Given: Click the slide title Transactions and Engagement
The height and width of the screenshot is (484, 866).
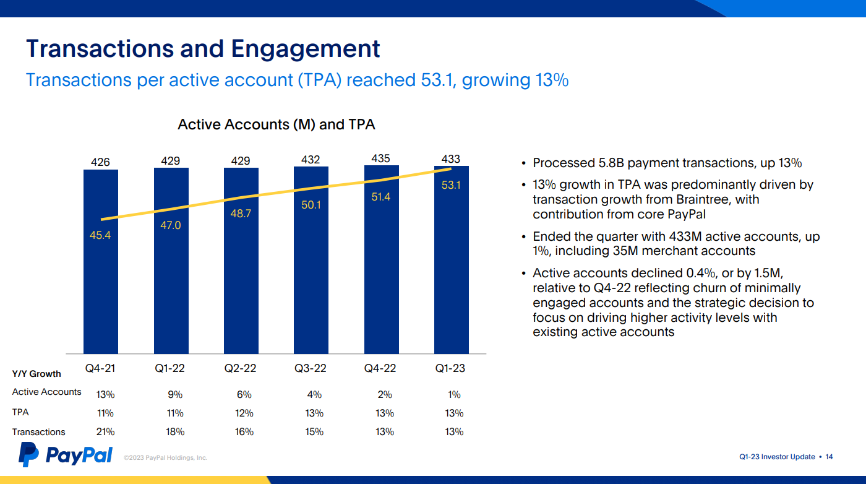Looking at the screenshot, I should click(203, 48).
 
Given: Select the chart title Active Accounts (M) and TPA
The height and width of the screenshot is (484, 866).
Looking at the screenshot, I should click(276, 124).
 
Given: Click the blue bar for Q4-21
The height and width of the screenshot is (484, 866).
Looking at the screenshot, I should click(101, 291).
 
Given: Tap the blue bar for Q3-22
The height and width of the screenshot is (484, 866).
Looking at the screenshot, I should click(311, 279).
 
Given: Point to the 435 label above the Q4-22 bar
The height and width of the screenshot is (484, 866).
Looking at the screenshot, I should click(380, 158).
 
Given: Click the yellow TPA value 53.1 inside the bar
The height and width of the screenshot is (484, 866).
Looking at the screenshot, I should click(451, 185).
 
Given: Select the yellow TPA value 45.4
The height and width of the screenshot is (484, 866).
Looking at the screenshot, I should click(100, 235).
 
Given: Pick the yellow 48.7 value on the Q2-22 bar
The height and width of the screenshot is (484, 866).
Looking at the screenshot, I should click(241, 214).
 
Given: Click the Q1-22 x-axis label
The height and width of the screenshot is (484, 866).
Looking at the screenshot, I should click(170, 368).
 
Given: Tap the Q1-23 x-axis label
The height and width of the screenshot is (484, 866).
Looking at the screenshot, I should click(450, 368).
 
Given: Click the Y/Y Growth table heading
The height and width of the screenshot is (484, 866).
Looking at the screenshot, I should click(36, 374).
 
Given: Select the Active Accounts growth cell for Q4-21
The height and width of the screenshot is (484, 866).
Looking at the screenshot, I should click(105, 395).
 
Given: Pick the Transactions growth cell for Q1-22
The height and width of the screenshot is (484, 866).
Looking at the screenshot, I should click(175, 432).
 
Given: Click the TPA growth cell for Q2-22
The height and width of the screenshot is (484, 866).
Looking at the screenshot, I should click(244, 413).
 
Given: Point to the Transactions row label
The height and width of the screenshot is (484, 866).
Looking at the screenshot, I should click(38, 432).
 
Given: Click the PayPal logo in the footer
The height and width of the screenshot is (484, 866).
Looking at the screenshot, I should click(66, 456).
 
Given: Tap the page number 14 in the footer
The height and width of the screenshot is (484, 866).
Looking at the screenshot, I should click(829, 457).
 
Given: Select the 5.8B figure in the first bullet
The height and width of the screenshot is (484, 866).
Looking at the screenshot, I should click(612, 163).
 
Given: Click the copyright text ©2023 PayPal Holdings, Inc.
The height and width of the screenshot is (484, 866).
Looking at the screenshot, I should click(165, 458).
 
